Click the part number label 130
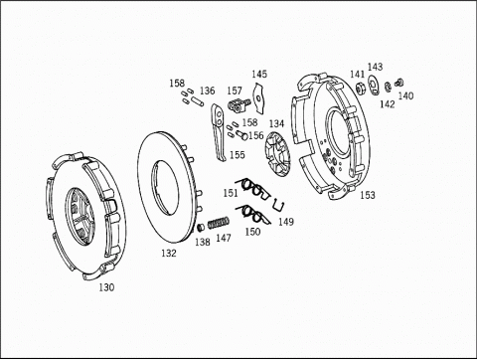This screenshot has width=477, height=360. (x=106, y=287)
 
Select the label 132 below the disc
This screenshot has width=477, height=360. (x=169, y=254)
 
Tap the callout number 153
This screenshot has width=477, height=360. (x=368, y=195)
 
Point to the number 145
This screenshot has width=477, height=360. (x=259, y=74)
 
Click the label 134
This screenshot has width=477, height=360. (x=276, y=123)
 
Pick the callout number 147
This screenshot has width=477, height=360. (x=224, y=238)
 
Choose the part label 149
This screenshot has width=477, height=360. (x=285, y=222)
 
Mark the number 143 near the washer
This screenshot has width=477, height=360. (x=375, y=67)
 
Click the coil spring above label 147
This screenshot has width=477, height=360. (x=219, y=223)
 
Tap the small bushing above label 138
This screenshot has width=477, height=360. (x=201, y=228)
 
